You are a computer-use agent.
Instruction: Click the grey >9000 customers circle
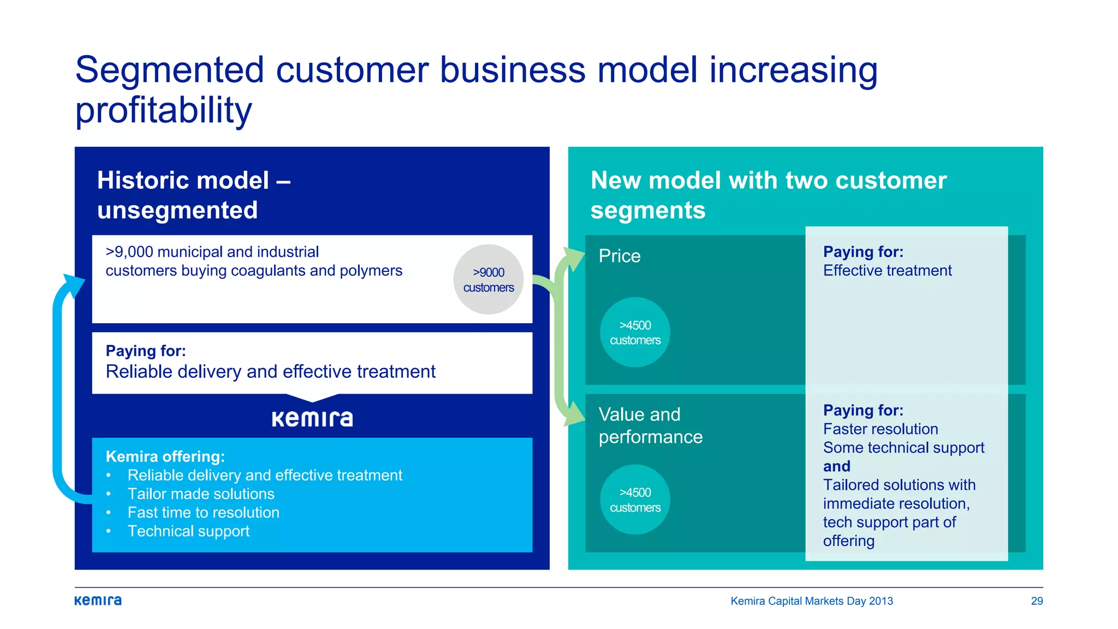click(x=488, y=280)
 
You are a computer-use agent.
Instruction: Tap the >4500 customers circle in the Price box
click(x=635, y=333)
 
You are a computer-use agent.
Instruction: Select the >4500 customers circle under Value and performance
click(x=635, y=500)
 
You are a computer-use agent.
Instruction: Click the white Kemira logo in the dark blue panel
click(x=312, y=419)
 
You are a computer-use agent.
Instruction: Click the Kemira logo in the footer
click(x=98, y=601)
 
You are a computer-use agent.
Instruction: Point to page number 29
click(x=1037, y=601)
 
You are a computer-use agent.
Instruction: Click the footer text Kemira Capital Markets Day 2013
click(x=811, y=601)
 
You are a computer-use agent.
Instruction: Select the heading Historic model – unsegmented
click(x=193, y=195)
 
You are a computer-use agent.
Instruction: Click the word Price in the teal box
click(x=619, y=256)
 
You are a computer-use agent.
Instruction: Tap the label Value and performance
click(x=650, y=425)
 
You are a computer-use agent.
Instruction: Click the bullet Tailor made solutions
click(x=200, y=494)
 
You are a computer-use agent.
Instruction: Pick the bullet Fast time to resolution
click(x=203, y=513)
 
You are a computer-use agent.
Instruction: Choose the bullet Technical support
click(x=188, y=531)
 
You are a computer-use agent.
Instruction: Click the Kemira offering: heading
click(x=165, y=456)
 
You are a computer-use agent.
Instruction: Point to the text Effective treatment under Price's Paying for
click(x=887, y=271)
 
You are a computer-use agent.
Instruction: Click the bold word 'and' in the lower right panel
click(x=836, y=466)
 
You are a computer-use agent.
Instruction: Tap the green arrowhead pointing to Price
click(x=573, y=258)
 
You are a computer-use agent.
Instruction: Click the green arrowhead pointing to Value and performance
click(x=573, y=414)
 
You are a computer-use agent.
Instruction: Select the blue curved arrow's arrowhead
click(x=74, y=284)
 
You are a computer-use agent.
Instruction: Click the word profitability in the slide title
click(x=163, y=110)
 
